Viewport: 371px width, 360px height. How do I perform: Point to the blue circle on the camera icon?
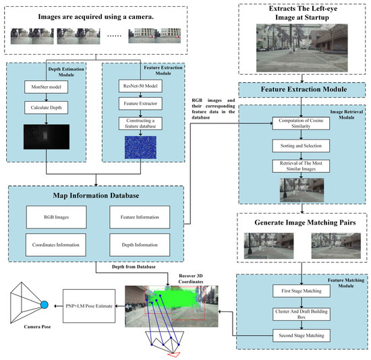click(x=45, y=305)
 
